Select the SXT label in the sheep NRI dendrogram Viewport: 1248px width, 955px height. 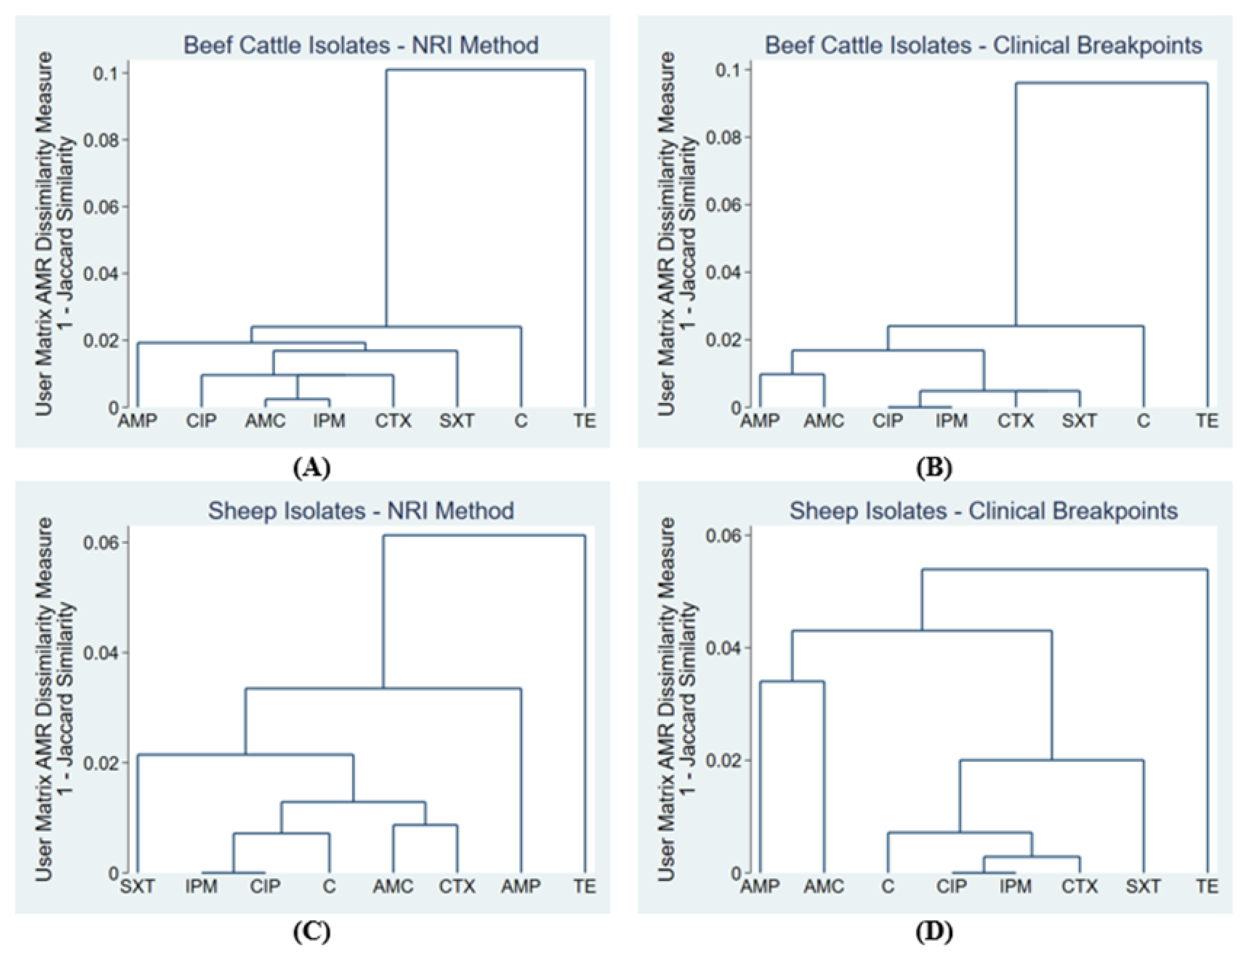[x=137, y=886]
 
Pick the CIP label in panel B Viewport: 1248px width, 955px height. [x=888, y=421]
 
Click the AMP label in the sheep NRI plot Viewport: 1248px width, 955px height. [x=520, y=886]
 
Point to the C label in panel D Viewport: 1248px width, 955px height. [x=888, y=886]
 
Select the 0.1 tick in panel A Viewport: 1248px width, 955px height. [x=106, y=73]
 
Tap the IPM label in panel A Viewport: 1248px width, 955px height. [x=329, y=421]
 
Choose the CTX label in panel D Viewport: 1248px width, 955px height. [x=1079, y=886]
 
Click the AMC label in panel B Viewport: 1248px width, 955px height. [x=824, y=421]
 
